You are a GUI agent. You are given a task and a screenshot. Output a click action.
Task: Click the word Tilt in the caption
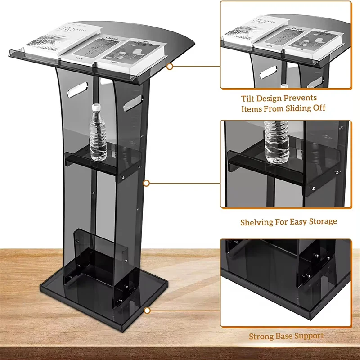tap(249, 98)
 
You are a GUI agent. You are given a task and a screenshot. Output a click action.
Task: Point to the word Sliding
tap(294, 108)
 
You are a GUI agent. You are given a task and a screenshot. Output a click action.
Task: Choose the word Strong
tap(262, 336)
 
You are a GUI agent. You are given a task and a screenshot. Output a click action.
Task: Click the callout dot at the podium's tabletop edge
tap(170, 67)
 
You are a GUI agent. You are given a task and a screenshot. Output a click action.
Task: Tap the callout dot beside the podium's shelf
tap(146, 183)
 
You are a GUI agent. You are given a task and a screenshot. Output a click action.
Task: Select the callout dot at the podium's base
tap(147, 310)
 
